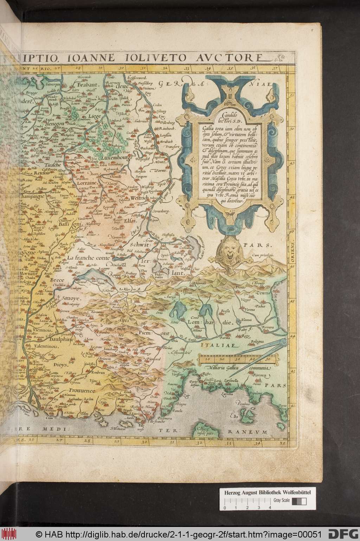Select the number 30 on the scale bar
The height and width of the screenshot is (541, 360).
click(x=238, y=359)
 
